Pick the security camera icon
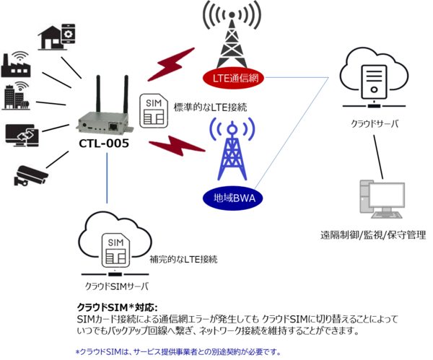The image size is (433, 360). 31,175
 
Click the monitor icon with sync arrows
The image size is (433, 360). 23,135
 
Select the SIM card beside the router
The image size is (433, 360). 154,112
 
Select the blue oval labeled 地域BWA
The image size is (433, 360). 229,196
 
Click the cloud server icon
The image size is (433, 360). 372,78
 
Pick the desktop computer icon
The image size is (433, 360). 382,199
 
